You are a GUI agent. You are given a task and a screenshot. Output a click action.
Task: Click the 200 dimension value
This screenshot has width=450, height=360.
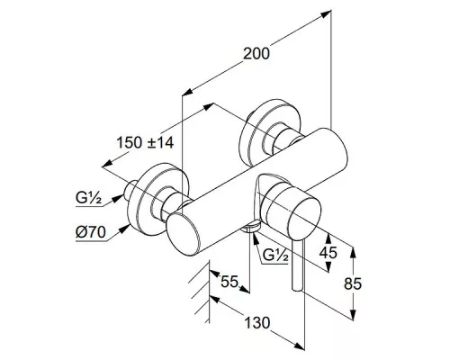pyautogui.click(x=256, y=54)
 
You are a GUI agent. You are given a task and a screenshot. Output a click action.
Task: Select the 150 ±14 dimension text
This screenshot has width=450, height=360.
pyautogui.click(x=145, y=142)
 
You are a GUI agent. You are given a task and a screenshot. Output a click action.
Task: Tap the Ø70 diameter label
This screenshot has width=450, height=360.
pyautogui.click(x=91, y=232)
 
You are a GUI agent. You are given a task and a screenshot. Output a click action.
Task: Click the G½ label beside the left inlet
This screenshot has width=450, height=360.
pyautogui.click(x=88, y=198)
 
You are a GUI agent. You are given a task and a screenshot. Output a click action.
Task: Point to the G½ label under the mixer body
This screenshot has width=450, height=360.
pyautogui.click(x=275, y=255)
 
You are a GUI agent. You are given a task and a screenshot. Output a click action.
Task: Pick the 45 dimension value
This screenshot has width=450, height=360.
pyautogui.click(x=328, y=252)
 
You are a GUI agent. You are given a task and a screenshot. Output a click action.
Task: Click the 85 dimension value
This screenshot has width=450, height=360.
pyautogui.click(x=353, y=283)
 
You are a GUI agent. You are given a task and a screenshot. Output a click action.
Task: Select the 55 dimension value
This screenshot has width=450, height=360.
pyautogui.click(x=229, y=282)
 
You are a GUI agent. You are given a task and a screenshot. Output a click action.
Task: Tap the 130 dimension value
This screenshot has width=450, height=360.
pyautogui.click(x=257, y=323)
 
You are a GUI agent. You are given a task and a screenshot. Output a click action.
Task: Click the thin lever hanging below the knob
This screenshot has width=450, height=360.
pyautogui.click(x=298, y=265)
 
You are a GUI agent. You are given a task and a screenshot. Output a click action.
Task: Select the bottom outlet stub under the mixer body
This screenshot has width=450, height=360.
pyautogui.click(x=251, y=227)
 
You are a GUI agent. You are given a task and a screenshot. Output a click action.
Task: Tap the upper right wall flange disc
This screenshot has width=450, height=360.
pyautogui.click(x=273, y=133)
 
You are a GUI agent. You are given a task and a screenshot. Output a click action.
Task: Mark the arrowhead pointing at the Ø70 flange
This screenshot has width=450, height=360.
pyautogui.click(x=124, y=229)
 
